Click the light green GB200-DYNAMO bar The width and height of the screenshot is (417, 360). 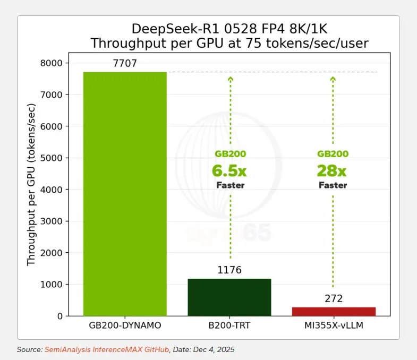(x=125, y=194)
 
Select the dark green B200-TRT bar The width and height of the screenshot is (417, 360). (x=229, y=297)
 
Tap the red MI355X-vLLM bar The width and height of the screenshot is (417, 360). (x=334, y=311)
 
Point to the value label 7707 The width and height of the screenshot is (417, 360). (x=125, y=64)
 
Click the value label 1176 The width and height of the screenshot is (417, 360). (x=229, y=270)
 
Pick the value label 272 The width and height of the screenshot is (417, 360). (x=334, y=298)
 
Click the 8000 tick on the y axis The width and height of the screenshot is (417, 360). (x=52, y=63)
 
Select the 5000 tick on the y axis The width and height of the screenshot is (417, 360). (x=52, y=158)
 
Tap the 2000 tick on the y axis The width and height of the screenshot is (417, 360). (x=52, y=253)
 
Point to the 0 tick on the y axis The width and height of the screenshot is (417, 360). (x=59, y=316)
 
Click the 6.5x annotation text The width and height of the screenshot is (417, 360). (x=229, y=171)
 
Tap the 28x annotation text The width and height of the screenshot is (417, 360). (x=332, y=171)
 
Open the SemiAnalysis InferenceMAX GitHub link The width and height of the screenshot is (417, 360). (x=106, y=349)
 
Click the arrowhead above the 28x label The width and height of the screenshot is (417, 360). (x=333, y=80)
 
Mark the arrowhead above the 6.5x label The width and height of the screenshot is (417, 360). (x=230, y=80)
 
